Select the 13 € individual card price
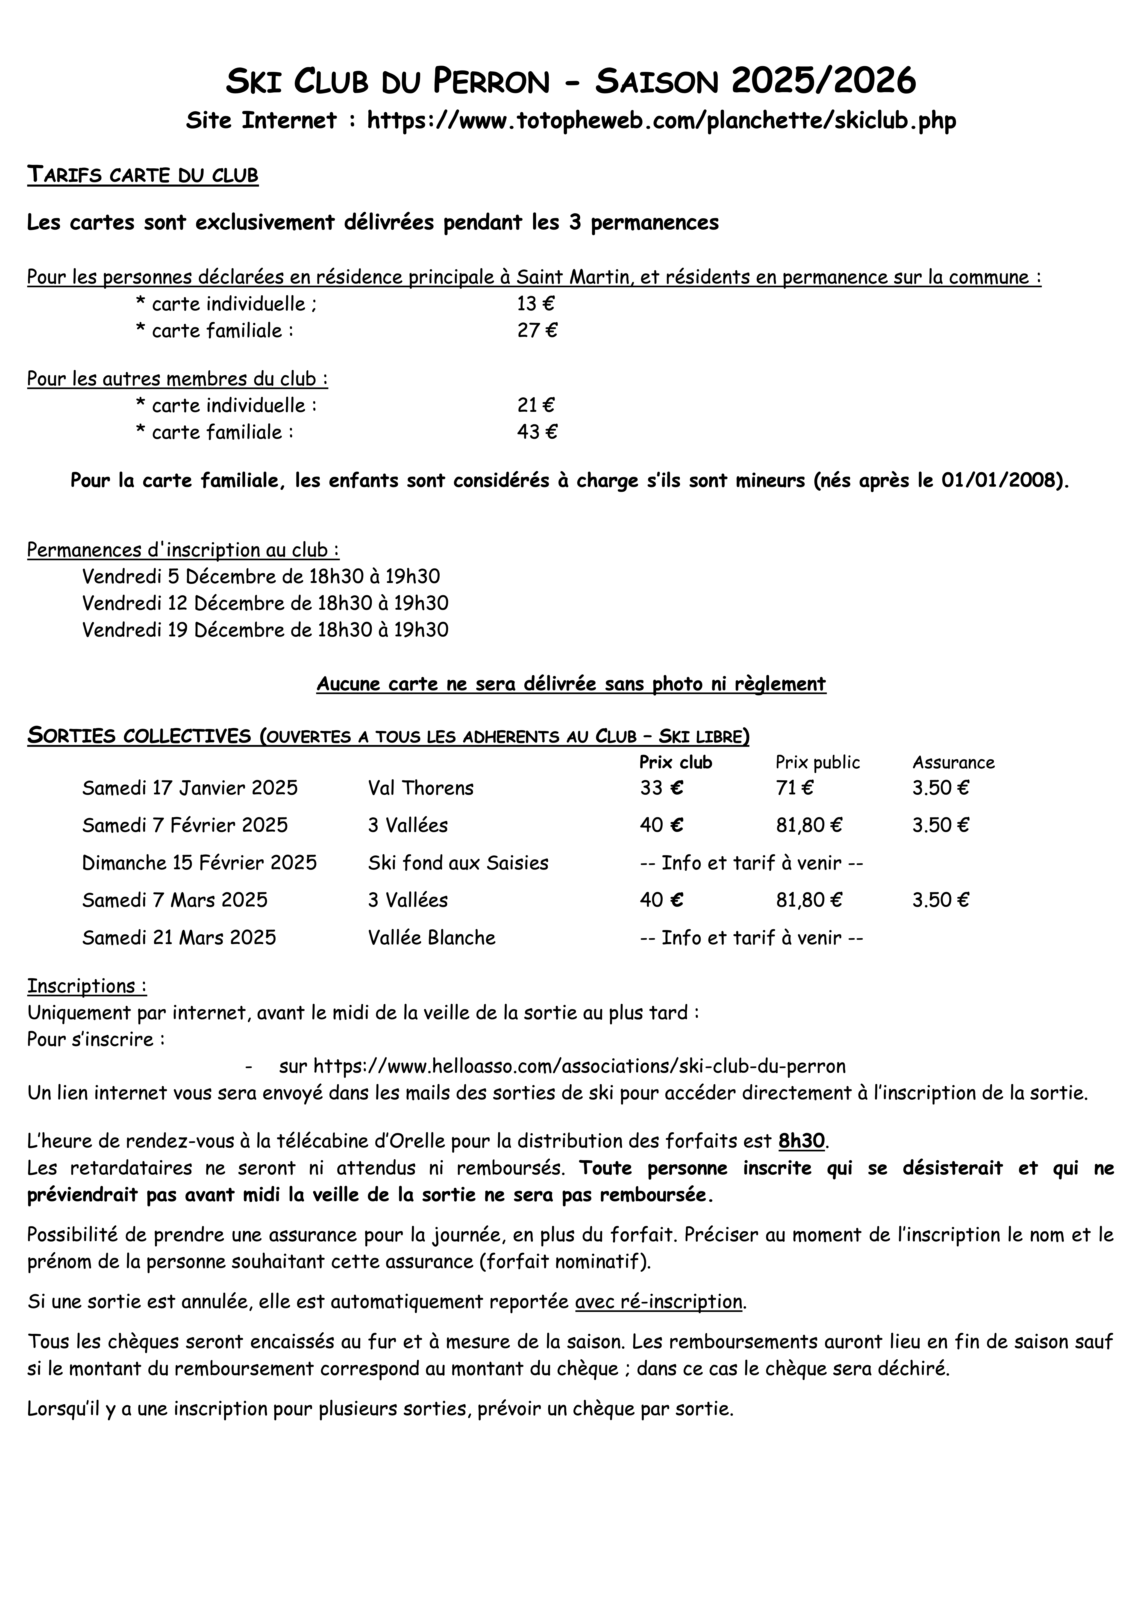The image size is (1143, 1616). pyautogui.click(x=535, y=304)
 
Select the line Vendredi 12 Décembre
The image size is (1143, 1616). pyautogui.click(x=265, y=603)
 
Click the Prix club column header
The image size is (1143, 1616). pyautogui.click(x=675, y=762)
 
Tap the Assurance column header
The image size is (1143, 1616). pyautogui.click(x=953, y=762)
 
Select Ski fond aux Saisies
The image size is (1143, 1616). pyautogui.click(x=458, y=863)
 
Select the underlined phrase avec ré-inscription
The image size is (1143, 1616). pyautogui.click(x=658, y=1302)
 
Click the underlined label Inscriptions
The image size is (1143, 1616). pyautogui.click(x=87, y=986)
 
